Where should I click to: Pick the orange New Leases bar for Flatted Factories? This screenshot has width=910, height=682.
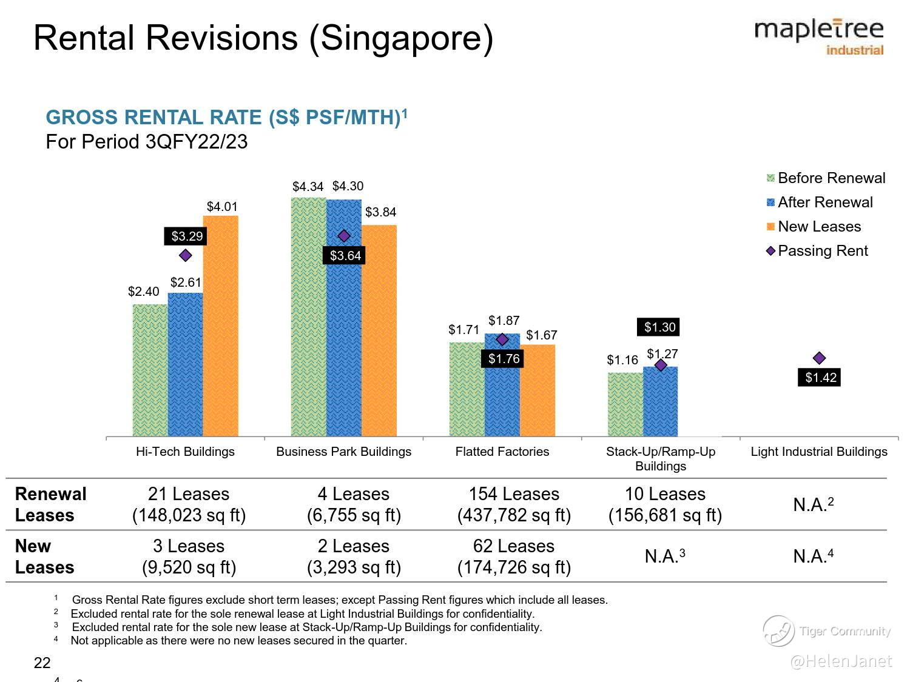click(x=538, y=390)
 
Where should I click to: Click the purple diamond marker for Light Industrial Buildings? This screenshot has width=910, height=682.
click(x=819, y=358)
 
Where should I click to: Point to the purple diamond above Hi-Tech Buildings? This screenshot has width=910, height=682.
click(x=186, y=255)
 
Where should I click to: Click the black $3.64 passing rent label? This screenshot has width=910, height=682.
click(x=345, y=256)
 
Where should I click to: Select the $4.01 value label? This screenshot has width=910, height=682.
click(x=222, y=207)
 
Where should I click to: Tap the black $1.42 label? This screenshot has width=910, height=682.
click(x=820, y=378)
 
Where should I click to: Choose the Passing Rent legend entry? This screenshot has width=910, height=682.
click(x=817, y=251)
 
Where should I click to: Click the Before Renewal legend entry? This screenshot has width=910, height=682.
click(x=825, y=178)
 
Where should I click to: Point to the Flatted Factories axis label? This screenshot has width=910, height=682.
click(x=502, y=452)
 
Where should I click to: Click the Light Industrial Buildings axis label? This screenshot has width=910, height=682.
click(x=818, y=452)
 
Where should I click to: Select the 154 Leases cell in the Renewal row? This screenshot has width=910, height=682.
click(x=514, y=504)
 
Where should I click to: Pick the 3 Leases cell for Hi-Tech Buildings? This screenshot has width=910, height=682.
click(x=189, y=557)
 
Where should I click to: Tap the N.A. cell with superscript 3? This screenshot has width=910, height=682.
click(x=665, y=556)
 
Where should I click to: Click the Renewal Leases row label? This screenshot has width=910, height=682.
click(x=50, y=504)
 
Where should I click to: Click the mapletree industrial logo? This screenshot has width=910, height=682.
click(x=819, y=36)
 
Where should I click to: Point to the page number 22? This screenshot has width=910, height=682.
click(x=42, y=663)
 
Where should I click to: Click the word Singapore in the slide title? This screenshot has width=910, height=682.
click(x=401, y=38)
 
